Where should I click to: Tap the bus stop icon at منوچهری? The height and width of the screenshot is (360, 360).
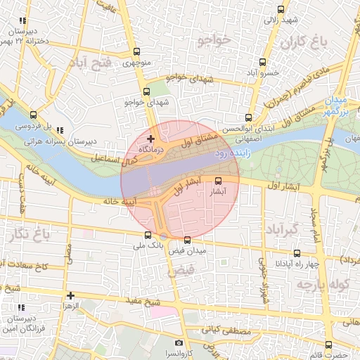(136, 51)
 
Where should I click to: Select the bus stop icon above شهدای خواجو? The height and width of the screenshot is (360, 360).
(146, 91)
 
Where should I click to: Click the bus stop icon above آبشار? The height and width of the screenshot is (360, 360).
(217, 180)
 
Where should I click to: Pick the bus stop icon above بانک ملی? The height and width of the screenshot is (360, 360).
(148, 236)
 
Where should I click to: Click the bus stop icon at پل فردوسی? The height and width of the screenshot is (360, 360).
(33, 115)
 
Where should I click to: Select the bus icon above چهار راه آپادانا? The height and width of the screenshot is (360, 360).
(297, 253)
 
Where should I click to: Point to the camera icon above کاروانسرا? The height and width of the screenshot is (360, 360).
(179, 342)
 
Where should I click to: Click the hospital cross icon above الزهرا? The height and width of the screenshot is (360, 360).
(70, 296)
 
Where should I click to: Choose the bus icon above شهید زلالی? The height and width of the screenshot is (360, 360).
(281, 9)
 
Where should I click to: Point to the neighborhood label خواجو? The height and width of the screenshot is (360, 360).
(214, 40)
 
